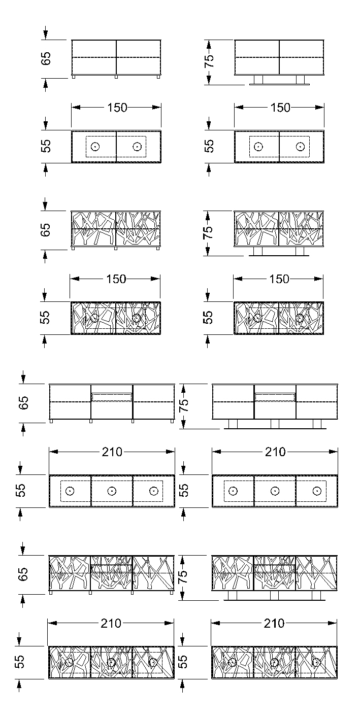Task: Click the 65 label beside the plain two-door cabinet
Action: click(x=46, y=59)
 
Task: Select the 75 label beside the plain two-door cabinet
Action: click(x=209, y=60)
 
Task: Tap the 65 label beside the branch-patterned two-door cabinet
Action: click(x=46, y=230)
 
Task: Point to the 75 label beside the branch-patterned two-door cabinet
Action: click(x=208, y=232)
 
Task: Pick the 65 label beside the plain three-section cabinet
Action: click(x=23, y=403)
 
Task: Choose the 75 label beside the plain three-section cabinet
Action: click(x=184, y=405)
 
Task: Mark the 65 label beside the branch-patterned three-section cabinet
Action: click(x=23, y=574)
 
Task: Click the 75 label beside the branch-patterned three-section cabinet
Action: click(x=183, y=576)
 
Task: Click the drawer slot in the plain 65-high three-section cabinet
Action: click(x=112, y=397)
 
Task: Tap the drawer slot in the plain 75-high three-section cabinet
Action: click(x=275, y=397)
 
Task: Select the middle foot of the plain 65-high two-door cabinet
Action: click(x=116, y=77)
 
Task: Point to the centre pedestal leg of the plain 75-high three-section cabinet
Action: click(x=275, y=424)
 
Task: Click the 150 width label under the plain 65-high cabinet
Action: click(x=117, y=108)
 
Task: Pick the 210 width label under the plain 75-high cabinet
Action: click(x=275, y=452)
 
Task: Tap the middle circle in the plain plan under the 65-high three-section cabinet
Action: click(x=112, y=491)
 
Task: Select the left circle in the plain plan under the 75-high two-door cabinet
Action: click(x=258, y=147)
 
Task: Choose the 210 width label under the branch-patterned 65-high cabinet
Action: click(x=111, y=623)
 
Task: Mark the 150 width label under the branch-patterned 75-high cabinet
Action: click(x=279, y=279)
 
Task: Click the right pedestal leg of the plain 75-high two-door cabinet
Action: click(x=300, y=80)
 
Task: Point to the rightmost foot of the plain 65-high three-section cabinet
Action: click(x=172, y=421)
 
